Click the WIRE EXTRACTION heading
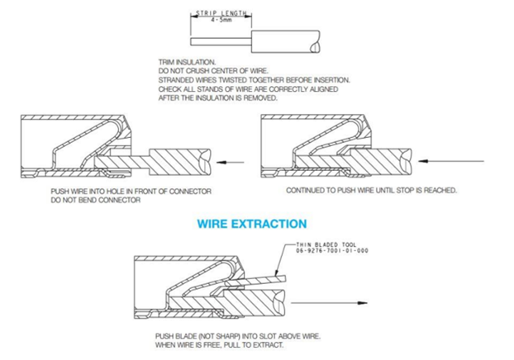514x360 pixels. [252, 224]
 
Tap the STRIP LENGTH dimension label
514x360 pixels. [221, 13]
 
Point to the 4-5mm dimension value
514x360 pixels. [221, 20]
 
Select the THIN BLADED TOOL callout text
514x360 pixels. [326, 244]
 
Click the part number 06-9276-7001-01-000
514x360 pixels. [332, 250]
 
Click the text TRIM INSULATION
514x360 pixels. [187, 62]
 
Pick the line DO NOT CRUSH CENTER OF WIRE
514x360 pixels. [213, 71]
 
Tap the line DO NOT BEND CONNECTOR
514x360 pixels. [96, 200]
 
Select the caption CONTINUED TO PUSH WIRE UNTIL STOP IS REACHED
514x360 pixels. [371, 190]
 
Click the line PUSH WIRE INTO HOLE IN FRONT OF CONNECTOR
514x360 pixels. [131, 192]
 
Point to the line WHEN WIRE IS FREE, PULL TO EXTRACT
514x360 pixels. [219, 345]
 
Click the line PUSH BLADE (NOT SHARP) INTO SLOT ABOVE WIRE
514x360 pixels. [238, 336]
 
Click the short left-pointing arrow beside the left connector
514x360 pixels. [230, 162]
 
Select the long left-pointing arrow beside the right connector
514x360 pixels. [451, 161]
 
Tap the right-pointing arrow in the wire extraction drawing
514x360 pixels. [329, 303]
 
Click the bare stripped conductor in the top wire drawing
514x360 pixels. [221, 41]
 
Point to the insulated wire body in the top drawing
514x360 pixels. [285, 41]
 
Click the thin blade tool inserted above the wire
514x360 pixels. [256, 281]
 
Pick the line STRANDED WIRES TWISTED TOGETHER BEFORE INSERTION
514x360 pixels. [255, 80]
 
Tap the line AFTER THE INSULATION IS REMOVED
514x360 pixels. [218, 98]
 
